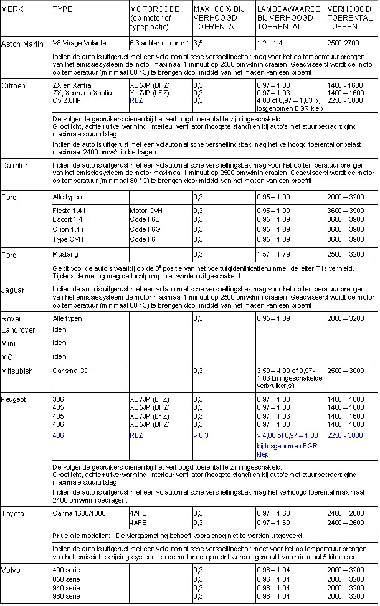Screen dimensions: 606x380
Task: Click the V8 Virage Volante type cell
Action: (80, 44)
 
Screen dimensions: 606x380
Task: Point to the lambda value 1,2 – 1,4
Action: (270, 44)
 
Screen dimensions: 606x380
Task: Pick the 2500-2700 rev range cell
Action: (344, 44)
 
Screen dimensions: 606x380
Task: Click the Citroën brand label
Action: (13, 85)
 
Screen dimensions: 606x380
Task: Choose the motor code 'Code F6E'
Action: (144, 220)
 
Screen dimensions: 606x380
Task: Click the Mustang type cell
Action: (65, 254)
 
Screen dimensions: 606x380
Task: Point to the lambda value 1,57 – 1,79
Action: (273, 254)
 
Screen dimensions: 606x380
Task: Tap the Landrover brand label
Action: (18, 330)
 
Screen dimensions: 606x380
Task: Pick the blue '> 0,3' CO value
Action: (201, 435)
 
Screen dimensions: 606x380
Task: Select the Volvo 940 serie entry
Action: (67, 588)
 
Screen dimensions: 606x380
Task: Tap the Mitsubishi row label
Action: (17, 371)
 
